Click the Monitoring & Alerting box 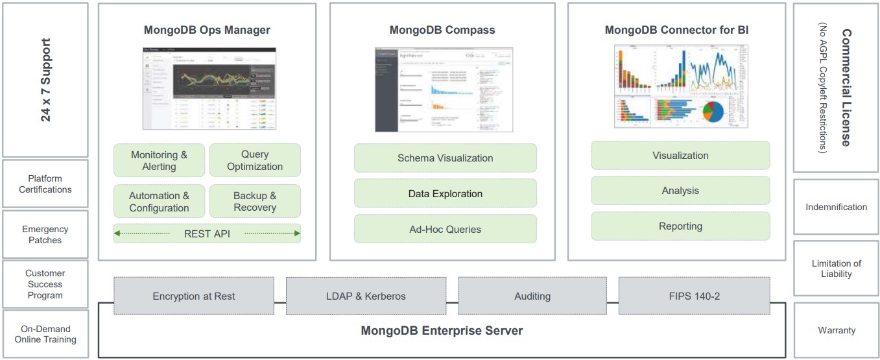tap(159, 160)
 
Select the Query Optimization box tap(255, 160)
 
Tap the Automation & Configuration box tap(159, 201)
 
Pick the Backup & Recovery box tap(255, 201)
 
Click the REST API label tap(207, 234)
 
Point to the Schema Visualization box tap(445, 158)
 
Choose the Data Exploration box tap(445, 193)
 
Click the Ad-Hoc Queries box tap(445, 229)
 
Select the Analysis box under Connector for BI tap(680, 191)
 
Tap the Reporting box tap(680, 226)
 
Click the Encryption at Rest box tap(194, 296)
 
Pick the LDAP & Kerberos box tap(366, 296)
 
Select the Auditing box tap(532, 296)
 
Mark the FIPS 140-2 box tap(695, 296)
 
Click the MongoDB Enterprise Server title tap(442, 331)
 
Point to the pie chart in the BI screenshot tap(713, 112)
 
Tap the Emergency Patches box tap(45, 234)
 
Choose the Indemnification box tap(836, 207)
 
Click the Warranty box tap(837, 330)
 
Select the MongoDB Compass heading tap(442, 30)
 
